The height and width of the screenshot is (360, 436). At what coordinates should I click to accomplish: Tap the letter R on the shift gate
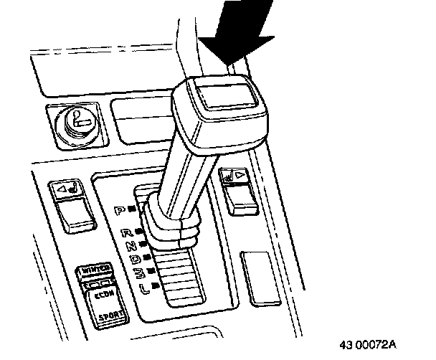click(127, 232)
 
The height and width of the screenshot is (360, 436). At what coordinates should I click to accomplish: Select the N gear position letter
click(132, 245)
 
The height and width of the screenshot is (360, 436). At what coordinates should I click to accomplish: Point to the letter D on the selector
click(135, 257)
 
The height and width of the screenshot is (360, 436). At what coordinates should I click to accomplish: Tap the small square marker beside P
click(134, 210)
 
